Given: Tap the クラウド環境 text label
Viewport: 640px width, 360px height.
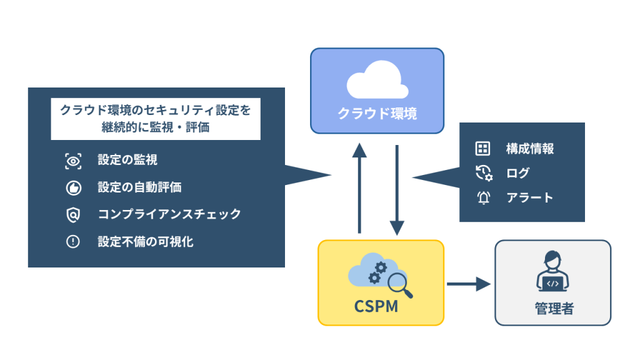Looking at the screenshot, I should [377, 114].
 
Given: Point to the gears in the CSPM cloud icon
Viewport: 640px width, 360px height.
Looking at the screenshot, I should [377, 272].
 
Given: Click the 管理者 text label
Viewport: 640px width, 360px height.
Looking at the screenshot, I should [553, 308].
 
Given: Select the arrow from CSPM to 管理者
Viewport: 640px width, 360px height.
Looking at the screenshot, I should [469, 284].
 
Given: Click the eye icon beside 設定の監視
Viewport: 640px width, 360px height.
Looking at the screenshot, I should [73, 161].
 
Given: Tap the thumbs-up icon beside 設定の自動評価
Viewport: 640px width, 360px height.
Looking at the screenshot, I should [73, 187].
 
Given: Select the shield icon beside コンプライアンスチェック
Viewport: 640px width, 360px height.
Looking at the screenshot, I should [73, 214].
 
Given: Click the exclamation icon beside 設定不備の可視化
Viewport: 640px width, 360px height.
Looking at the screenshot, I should [73, 242].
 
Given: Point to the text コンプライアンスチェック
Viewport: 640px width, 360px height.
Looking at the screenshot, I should [169, 214].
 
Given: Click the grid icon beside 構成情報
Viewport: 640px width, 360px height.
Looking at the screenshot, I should [482, 149].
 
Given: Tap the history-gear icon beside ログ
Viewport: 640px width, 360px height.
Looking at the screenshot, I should [482, 173].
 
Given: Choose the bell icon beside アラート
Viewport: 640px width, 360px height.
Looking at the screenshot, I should [482, 197].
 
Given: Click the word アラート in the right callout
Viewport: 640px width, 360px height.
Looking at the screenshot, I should [529, 197].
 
